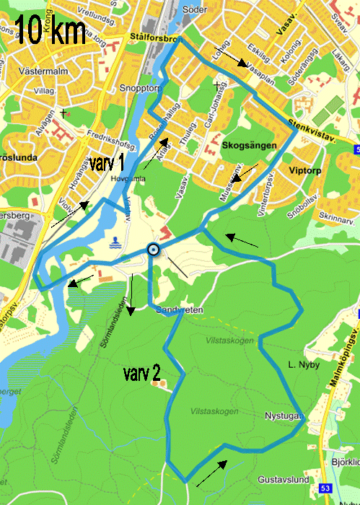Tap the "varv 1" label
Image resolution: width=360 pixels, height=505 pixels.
pyautogui.click(x=107, y=162)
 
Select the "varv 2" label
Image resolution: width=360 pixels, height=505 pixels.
pyautogui.click(x=141, y=373)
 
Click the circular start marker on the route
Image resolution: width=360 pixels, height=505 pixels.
pyautogui.click(x=153, y=250)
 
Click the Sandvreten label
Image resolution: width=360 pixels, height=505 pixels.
pyautogui.click(x=180, y=309)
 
